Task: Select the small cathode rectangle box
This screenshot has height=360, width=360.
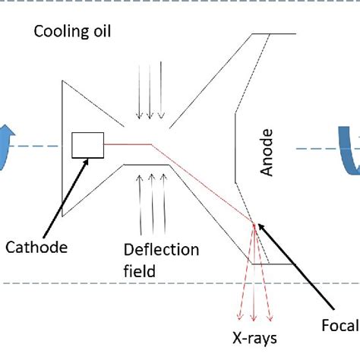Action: point(87,145)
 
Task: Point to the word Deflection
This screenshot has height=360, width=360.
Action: point(163,250)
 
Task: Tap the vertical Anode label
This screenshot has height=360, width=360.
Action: point(267,153)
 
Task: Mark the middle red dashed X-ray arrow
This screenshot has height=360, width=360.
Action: point(254,281)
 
